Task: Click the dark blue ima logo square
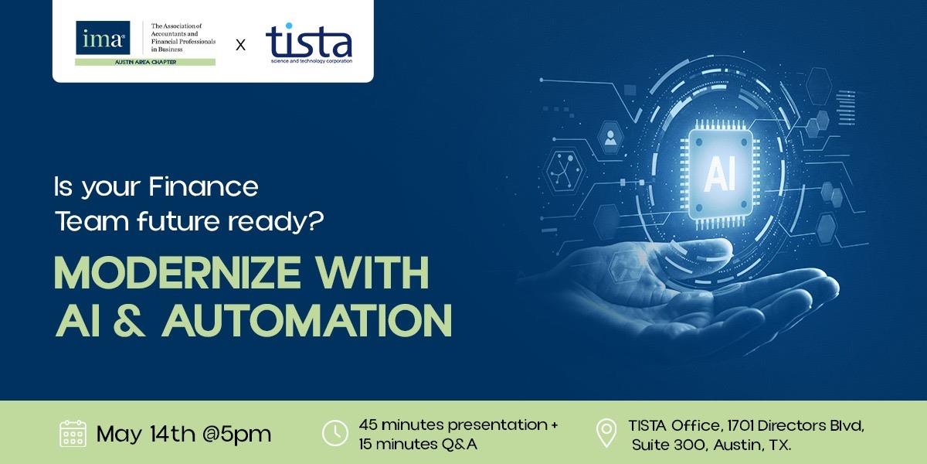tap(103, 38)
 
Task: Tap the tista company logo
tap(309, 43)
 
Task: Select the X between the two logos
tap(240, 45)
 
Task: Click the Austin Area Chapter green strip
tap(145, 62)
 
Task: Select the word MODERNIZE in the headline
tap(177, 272)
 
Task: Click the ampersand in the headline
tap(129, 320)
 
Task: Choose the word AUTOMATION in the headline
tap(307, 320)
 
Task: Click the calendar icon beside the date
tap(73, 433)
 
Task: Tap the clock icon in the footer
tap(334, 433)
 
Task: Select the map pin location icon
tap(606, 433)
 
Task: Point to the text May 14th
tap(146, 434)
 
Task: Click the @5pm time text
tap(236, 435)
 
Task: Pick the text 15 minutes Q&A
tap(418, 445)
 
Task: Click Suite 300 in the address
tap(668, 445)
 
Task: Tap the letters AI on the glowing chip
tap(720, 174)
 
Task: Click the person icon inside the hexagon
tap(610, 138)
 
